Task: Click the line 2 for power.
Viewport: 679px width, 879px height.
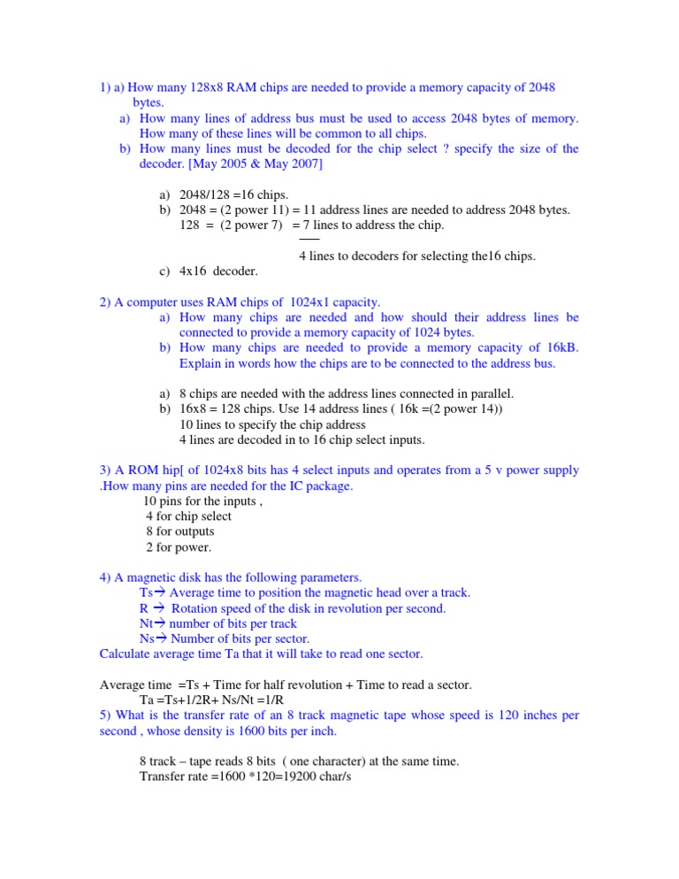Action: point(180,547)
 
